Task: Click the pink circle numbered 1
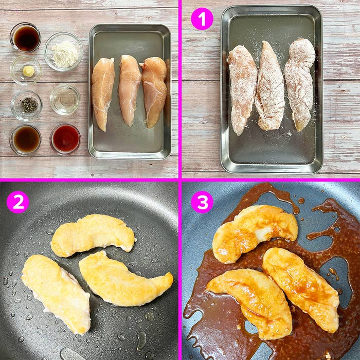pyautogui.click(x=202, y=19)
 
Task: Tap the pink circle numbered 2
pyautogui.click(x=18, y=202)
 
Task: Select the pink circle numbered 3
pyautogui.click(x=202, y=202)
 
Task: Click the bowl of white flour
pyautogui.click(x=63, y=52)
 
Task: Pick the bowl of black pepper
pyautogui.click(x=26, y=105)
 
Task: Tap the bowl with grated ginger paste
pyautogui.click(x=26, y=70)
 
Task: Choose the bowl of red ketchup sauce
pyautogui.click(x=65, y=139)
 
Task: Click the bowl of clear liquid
pyautogui.click(x=65, y=100)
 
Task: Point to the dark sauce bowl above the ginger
pyautogui.click(x=25, y=38)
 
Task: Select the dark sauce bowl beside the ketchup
pyautogui.click(x=25, y=139)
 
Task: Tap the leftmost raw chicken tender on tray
pyautogui.click(x=103, y=93)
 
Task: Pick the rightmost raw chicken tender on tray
pyautogui.click(x=155, y=92)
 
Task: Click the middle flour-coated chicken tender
pyautogui.click(x=269, y=86)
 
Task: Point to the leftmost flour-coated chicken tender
pyautogui.click(x=242, y=89)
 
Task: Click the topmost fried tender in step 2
pyautogui.click(x=93, y=236)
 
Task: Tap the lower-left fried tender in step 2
pyautogui.click(x=56, y=294)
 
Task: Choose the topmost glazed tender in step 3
pyautogui.click(x=254, y=233)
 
